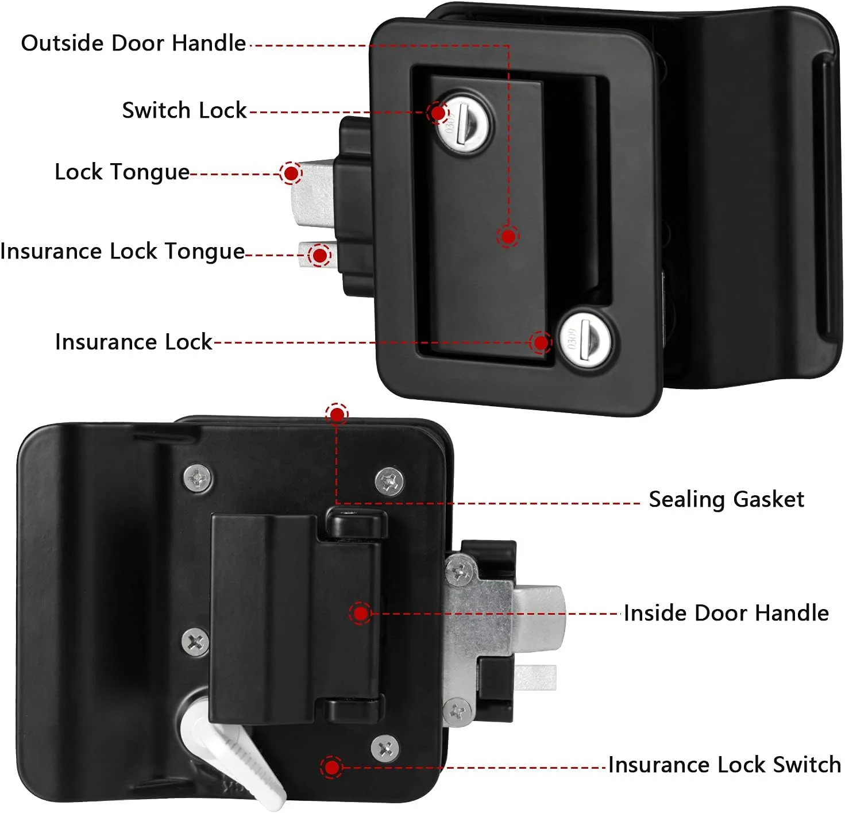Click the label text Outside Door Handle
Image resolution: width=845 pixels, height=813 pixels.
click(x=133, y=44)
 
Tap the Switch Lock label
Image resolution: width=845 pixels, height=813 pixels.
click(x=184, y=110)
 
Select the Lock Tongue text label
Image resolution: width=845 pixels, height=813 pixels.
click(x=122, y=172)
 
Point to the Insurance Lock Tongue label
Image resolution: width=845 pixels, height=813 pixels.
click(x=122, y=252)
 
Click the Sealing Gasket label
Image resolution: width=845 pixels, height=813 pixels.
click(x=726, y=499)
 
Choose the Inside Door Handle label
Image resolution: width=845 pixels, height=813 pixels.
click(x=726, y=613)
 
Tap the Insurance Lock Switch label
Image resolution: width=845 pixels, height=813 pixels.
click(x=724, y=765)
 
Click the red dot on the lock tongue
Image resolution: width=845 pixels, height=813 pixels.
click(x=291, y=172)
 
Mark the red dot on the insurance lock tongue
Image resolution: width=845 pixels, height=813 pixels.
click(x=320, y=255)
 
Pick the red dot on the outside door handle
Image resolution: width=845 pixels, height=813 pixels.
click(x=508, y=236)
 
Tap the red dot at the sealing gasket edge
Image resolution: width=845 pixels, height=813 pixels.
click(x=337, y=414)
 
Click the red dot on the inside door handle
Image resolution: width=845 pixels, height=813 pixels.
click(x=361, y=614)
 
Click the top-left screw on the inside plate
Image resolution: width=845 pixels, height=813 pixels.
click(x=198, y=477)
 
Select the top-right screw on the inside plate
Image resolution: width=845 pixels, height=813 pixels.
click(x=389, y=480)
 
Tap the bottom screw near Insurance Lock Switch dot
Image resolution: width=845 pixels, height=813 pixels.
click(x=385, y=748)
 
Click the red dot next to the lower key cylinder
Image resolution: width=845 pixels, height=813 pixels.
click(x=541, y=343)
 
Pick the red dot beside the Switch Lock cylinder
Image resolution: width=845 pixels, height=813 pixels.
click(x=438, y=113)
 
